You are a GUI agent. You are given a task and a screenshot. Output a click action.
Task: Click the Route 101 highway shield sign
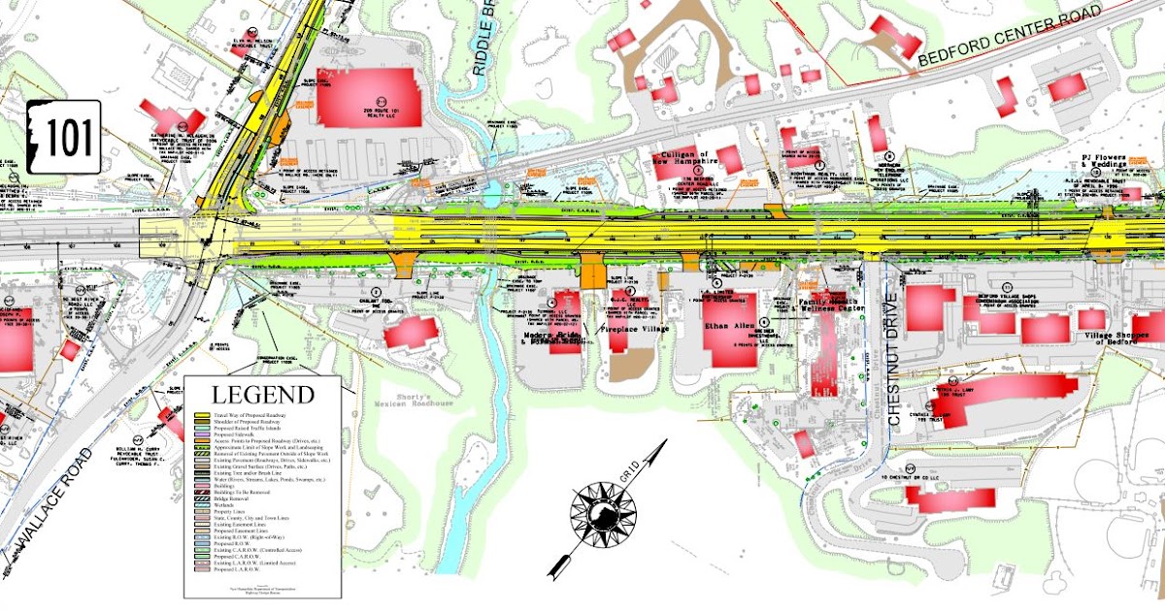[64, 138]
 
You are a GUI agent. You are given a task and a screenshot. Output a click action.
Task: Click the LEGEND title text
[263, 396]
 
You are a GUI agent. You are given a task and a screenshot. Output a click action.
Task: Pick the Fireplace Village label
[635, 331]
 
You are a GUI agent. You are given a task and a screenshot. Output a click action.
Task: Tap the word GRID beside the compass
[627, 474]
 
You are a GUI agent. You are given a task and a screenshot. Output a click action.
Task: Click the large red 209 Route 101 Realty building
[369, 97]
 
